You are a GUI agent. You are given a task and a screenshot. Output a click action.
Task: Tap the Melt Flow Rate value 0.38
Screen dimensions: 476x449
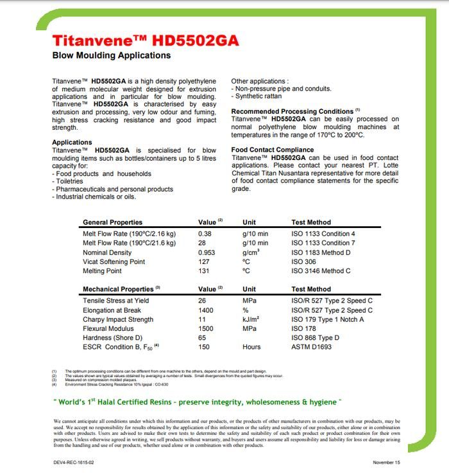coord(205,234)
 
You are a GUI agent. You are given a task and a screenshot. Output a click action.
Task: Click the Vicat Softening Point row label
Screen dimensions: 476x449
coord(114,261)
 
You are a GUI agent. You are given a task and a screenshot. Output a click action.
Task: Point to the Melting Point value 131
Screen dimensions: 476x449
coord(204,271)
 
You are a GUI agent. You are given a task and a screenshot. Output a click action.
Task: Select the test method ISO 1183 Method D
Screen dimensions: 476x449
coord(321,252)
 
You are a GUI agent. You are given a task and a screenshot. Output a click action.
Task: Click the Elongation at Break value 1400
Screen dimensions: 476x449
coord(206,310)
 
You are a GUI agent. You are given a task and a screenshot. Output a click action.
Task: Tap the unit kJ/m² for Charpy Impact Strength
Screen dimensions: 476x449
coord(250,319)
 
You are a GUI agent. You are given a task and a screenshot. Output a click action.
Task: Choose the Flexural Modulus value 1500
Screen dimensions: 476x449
coord(206,328)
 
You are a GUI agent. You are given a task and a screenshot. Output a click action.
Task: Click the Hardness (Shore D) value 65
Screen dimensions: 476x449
coord(202,338)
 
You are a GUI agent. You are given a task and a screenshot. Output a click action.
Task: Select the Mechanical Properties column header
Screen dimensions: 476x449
coord(119,289)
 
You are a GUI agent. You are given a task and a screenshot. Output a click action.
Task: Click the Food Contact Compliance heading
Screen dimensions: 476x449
coord(273,150)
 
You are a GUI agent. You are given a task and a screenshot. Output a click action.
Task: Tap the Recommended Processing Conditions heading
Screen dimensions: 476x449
coord(292,111)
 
